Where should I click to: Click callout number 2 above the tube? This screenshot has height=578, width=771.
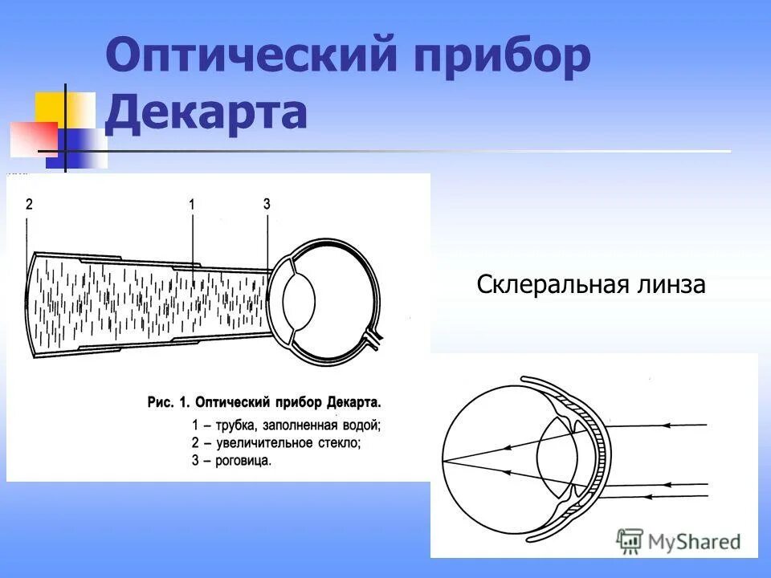[x=29, y=205]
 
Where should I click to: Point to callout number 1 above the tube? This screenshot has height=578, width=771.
[x=192, y=205]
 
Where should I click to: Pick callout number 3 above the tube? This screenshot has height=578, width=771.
[x=267, y=205]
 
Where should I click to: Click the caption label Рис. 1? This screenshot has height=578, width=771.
[x=171, y=401]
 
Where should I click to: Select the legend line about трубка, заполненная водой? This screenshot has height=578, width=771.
[x=286, y=424]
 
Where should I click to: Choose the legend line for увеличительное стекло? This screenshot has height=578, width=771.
[x=276, y=442]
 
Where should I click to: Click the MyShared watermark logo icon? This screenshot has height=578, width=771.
[x=630, y=541]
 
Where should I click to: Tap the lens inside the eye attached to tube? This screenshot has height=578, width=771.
[x=303, y=300]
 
